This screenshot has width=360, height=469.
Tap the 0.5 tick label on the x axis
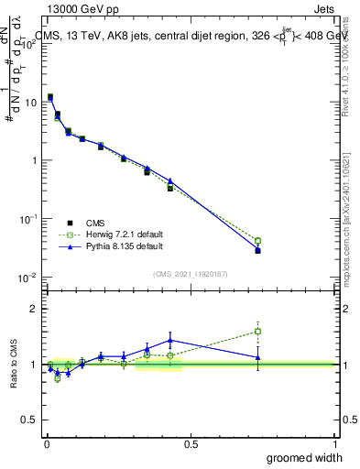191,443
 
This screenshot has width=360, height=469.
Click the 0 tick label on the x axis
46,443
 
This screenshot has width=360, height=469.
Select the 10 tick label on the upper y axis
31,103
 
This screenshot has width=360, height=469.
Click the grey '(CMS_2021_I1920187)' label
191,272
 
